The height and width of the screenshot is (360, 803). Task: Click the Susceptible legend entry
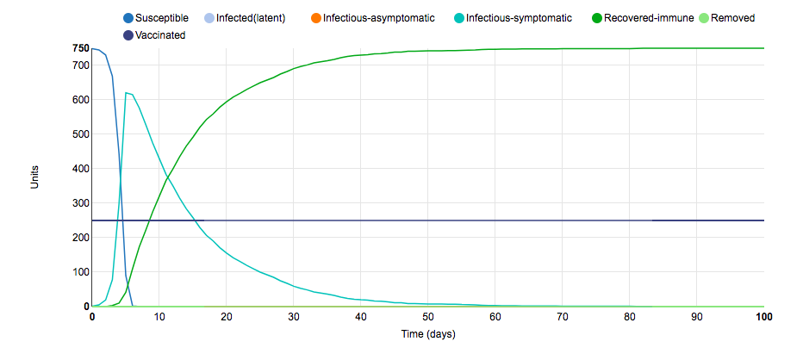pyautogui.click(x=161, y=18)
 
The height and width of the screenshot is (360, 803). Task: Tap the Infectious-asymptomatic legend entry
pyautogui.click(x=378, y=18)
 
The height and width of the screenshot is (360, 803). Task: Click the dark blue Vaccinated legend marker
pyautogui.click(x=128, y=35)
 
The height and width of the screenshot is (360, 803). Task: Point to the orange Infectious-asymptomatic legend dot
pyautogui.click(x=315, y=18)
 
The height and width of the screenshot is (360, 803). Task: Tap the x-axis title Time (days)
pyautogui.click(x=427, y=334)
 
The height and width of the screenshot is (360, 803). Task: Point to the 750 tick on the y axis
pyautogui.click(x=80, y=48)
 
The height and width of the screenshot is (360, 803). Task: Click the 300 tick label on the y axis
pyautogui.click(x=80, y=203)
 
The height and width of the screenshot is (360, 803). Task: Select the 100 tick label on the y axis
pyautogui.click(x=80, y=272)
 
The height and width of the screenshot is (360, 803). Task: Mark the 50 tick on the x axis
pyautogui.click(x=427, y=317)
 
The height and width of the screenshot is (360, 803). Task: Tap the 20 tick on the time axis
pyautogui.click(x=226, y=317)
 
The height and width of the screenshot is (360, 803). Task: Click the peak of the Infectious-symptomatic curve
pyautogui.click(x=126, y=93)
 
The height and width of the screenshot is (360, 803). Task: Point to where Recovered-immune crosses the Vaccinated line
pyautogui.click(x=150, y=220)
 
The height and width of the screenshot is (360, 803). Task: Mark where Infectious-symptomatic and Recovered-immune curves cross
pyautogui.click(x=166, y=178)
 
